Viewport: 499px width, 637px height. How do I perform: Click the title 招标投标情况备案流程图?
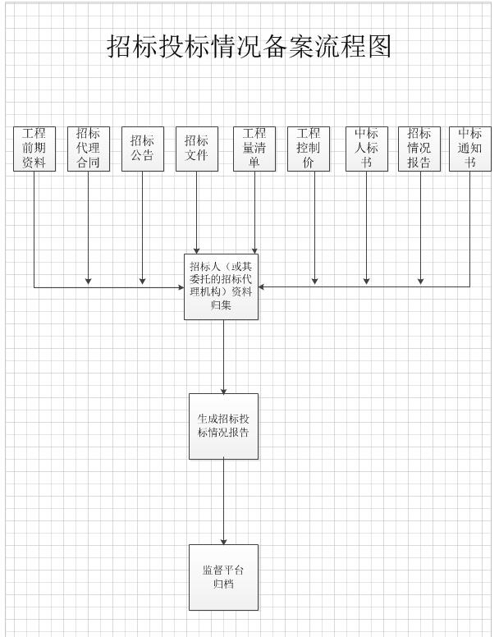click(249, 47)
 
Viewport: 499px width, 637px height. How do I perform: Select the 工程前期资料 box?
click(34, 149)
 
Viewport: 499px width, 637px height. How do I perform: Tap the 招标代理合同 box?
click(88, 149)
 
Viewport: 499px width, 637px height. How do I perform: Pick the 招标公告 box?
click(142, 149)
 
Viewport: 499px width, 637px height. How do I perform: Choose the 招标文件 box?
click(197, 149)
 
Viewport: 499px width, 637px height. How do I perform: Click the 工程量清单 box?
click(254, 149)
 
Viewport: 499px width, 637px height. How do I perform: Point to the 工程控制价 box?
click(309, 149)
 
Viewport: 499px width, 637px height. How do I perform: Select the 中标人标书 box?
click(367, 149)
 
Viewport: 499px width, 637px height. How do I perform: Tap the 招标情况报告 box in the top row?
click(419, 149)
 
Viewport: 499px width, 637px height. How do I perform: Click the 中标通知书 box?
click(470, 149)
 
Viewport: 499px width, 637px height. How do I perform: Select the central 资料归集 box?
click(222, 286)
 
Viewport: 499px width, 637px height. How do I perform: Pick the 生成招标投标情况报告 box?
click(223, 426)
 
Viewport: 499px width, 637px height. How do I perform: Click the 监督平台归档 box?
click(223, 577)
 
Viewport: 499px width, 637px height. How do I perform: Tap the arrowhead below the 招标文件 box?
click(197, 250)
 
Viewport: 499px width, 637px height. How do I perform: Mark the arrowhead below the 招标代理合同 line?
click(88, 282)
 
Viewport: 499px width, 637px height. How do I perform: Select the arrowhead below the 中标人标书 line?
click(367, 282)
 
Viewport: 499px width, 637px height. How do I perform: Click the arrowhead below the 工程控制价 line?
click(314, 282)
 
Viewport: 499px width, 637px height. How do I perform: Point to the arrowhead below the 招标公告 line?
click(142, 282)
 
